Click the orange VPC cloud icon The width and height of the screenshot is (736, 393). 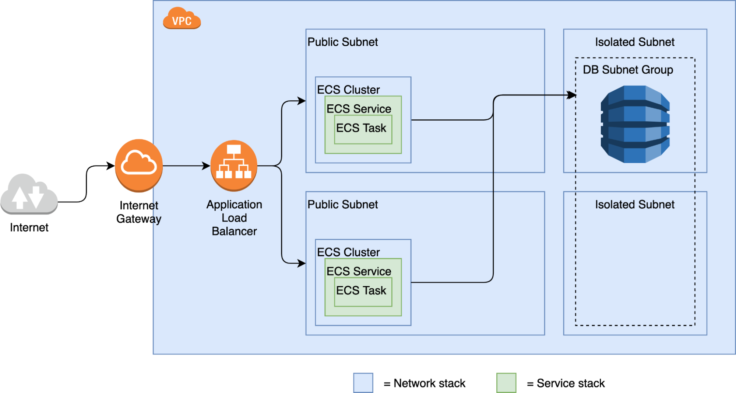182,18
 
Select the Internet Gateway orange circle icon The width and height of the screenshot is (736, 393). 139,165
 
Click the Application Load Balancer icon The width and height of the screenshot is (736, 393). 234,166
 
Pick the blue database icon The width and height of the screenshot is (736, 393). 635,124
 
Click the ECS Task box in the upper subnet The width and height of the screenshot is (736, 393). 363,129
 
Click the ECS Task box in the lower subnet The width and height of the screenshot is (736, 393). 363,292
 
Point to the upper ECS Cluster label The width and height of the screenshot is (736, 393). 348,90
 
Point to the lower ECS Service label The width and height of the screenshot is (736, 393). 359,271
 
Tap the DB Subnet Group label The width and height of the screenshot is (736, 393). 628,70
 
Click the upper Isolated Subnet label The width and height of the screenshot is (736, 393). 635,42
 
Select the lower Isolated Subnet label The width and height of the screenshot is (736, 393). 635,204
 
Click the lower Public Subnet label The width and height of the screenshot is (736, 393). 342,204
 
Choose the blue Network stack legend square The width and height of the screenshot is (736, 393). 363,383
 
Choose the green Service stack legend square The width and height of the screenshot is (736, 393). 506,383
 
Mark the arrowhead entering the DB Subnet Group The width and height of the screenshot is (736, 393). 572,95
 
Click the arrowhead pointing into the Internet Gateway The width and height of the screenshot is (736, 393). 111,166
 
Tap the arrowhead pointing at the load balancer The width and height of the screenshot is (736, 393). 207,166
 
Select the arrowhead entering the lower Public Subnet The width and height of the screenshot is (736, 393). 302,263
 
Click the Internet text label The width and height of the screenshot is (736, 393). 29,227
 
